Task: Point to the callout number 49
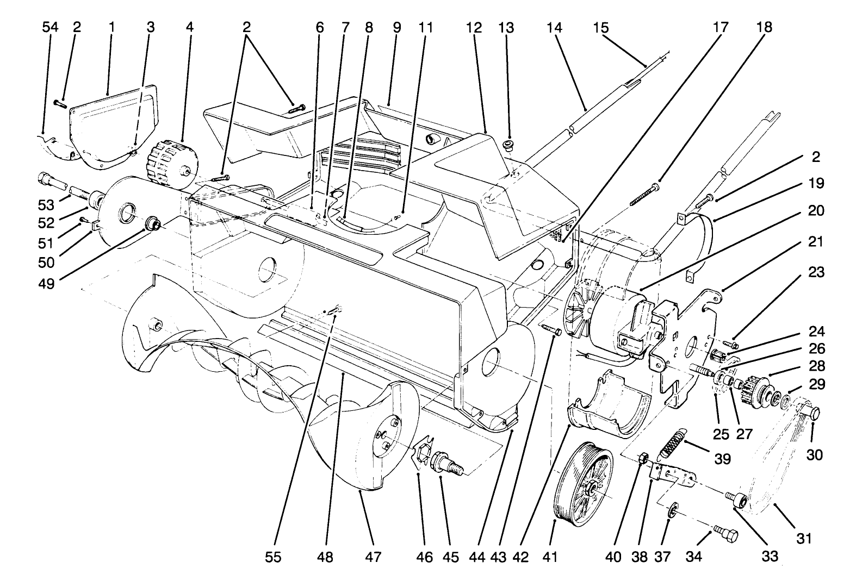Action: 47,283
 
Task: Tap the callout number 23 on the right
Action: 816,271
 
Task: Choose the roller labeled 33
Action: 738,500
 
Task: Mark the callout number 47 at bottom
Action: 373,557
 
